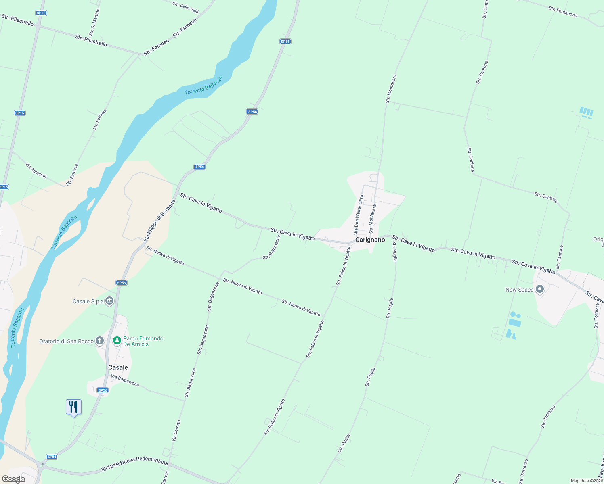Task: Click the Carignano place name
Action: coord(370,240)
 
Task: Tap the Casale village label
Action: coord(118,367)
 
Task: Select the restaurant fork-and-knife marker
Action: coord(73,407)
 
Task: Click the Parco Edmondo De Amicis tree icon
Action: coord(117,341)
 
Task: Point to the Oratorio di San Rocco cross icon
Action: coord(100,341)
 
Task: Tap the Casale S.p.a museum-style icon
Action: coord(109,301)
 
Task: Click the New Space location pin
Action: coord(540,290)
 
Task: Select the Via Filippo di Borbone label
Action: coord(160,221)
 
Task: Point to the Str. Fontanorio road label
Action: coord(562,12)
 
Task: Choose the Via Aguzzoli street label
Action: coord(36,171)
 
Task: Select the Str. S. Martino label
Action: coord(94,22)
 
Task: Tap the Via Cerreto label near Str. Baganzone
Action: coord(176,430)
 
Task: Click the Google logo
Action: coord(13,479)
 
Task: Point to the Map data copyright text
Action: coord(587,481)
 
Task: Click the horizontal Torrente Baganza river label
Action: coord(203,86)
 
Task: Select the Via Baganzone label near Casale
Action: coord(125,381)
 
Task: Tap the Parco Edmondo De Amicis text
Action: coord(143,341)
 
